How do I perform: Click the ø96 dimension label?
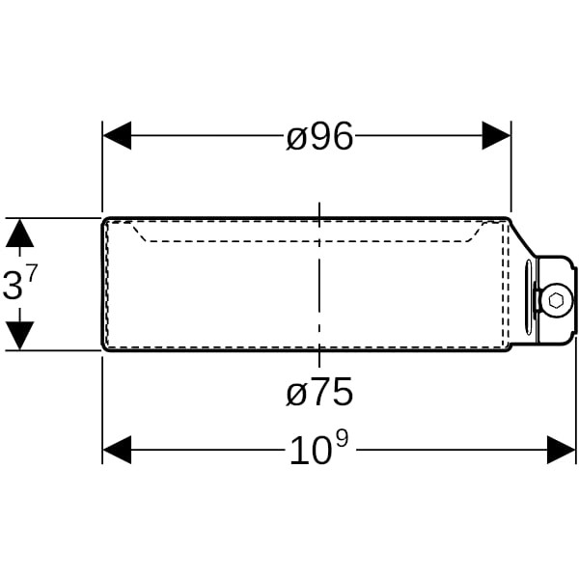pyautogui.click(x=319, y=136)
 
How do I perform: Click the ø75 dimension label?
pyautogui.click(x=319, y=392)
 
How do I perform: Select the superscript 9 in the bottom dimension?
pyautogui.click(x=342, y=440)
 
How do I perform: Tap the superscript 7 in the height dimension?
pyautogui.click(x=32, y=274)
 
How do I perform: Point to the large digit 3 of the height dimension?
pyautogui.click(x=13, y=286)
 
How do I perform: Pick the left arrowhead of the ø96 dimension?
pyautogui.click(x=117, y=135)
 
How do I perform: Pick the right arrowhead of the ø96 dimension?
pyautogui.click(x=496, y=135)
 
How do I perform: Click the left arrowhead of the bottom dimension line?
pyautogui.click(x=117, y=450)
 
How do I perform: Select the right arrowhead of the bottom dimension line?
pyautogui.click(x=561, y=450)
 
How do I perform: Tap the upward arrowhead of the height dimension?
pyautogui.click(x=20, y=233)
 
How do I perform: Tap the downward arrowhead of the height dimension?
pyautogui.click(x=20, y=336)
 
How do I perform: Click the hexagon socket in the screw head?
pyautogui.click(x=556, y=300)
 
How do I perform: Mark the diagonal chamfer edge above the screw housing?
pyautogui.click(x=522, y=239)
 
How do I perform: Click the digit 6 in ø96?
pyautogui.click(x=343, y=136)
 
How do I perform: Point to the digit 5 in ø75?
pyautogui.click(x=343, y=392)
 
